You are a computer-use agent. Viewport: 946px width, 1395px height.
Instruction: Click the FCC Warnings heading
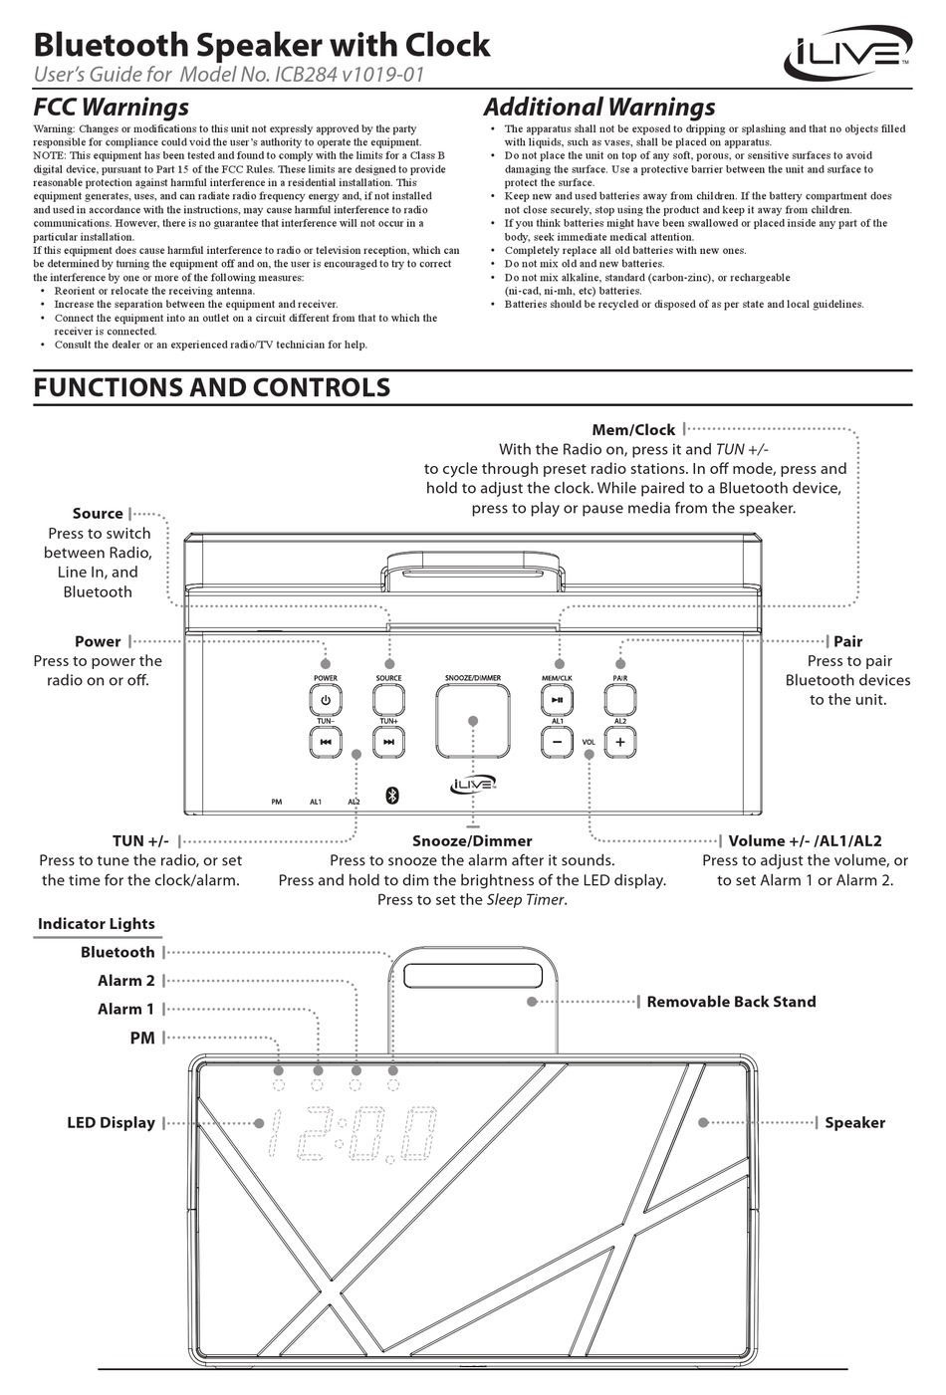tap(111, 107)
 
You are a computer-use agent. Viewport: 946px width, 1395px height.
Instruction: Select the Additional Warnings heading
tap(598, 107)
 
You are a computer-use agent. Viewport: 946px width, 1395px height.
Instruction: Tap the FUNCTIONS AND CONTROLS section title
tap(211, 387)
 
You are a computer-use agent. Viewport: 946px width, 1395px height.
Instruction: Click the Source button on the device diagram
tap(388, 702)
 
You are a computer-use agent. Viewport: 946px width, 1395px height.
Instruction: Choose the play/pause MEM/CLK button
tap(557, 702)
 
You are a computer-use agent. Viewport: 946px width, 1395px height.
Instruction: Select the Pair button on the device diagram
tap(619, 702)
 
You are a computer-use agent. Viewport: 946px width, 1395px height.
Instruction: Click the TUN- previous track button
tap(326, 742)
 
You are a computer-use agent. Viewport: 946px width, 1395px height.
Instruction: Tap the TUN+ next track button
tap(388, 742)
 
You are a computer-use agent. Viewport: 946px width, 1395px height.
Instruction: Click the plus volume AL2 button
tap(619, 742)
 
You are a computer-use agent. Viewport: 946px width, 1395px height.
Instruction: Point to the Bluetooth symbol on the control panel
tap(391, 795)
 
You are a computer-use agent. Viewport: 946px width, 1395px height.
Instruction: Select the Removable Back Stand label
tap(731, 1002)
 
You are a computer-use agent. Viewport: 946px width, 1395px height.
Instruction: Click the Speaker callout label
tap(854, 1122)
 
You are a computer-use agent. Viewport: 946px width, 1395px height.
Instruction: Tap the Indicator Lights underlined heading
tap(97, 924)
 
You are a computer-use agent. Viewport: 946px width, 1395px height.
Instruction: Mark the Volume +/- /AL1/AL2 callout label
tap(805, 840)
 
